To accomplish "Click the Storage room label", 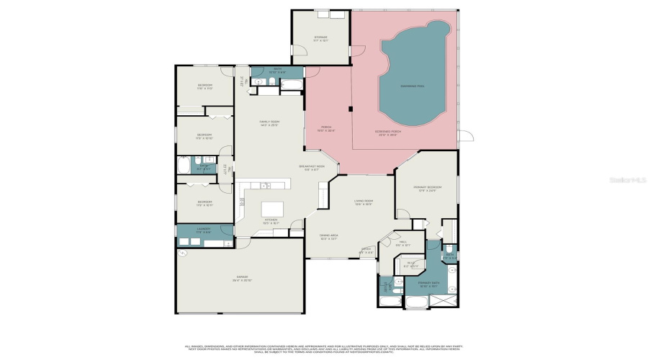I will (320, 37).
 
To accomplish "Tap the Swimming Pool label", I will (412, 86).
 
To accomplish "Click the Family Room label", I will (269, 122).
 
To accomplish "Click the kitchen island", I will (273, 208).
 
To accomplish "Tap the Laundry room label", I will (204, 230).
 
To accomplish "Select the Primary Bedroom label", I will (426, 188).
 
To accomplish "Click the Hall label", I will (402, 243).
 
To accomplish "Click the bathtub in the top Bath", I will (292, 86).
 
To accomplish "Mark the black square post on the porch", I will (350, 109).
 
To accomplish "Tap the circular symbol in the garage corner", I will (182, 253).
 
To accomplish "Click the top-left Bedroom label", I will (205, 86).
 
